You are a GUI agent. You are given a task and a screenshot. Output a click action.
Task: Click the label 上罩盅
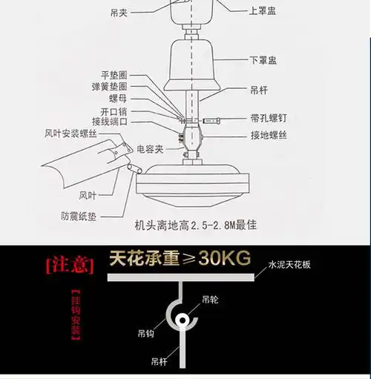[263, 11]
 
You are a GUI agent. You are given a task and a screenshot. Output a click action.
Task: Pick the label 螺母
[119, 98]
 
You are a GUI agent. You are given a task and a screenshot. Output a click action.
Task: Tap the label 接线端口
[109, 120]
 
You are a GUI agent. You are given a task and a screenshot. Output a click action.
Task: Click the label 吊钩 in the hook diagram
[146, 333]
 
